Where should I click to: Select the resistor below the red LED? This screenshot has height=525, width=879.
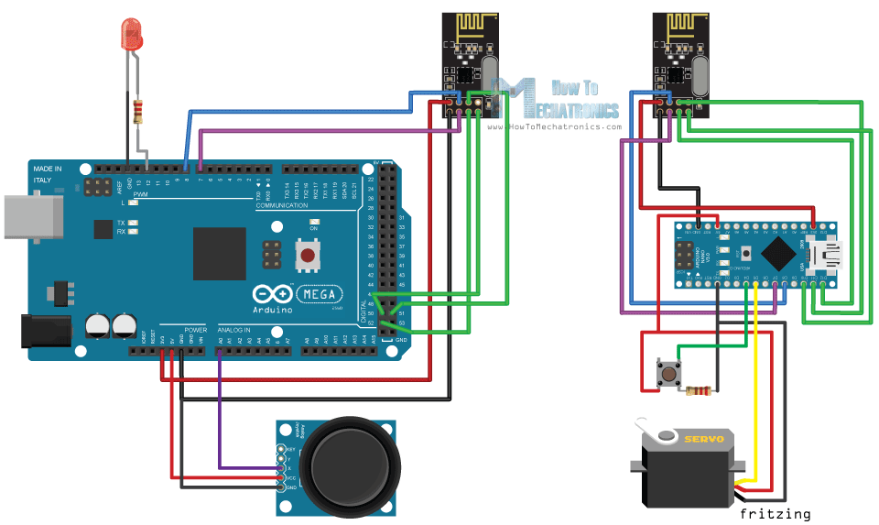point(138,112)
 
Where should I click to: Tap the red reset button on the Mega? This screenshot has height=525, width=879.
point(309,254)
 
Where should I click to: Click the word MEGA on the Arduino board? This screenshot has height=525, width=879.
point(320,295)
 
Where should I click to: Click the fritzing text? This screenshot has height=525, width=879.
point(775,514)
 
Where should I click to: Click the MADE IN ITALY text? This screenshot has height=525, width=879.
point(49,174)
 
